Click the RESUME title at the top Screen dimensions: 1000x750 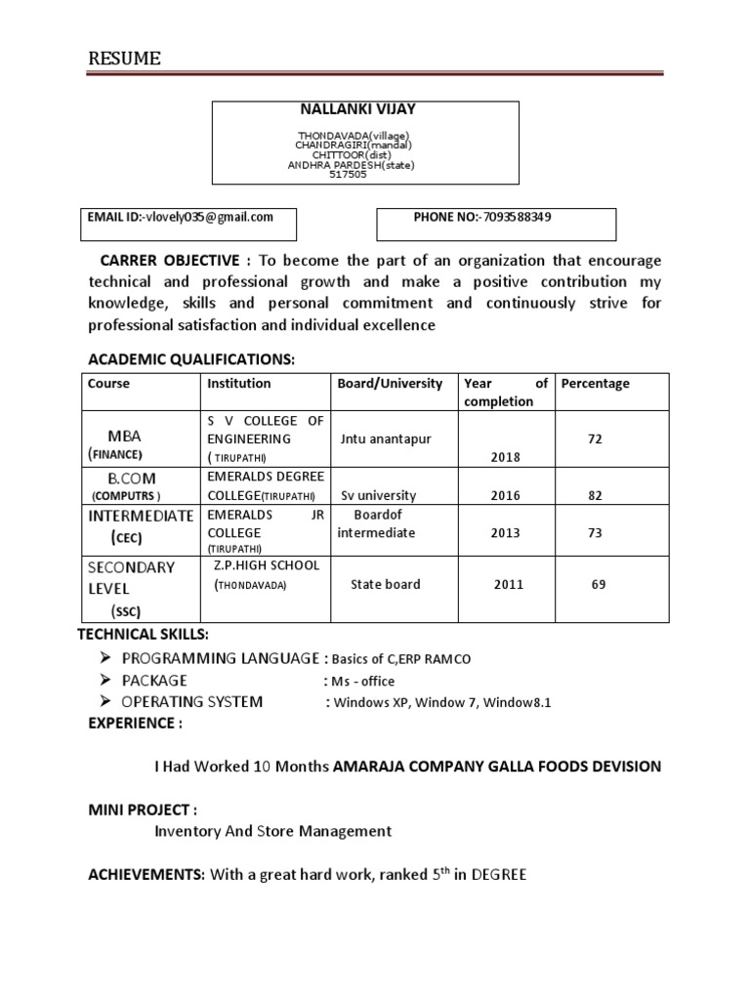(x=125, y=60)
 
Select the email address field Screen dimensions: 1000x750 (x=181, y=218)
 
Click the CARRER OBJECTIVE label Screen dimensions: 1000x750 (x=167, y=261)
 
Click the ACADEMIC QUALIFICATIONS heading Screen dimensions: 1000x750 (x=191, y=360)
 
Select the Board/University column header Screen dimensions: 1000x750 (x=390, y=384)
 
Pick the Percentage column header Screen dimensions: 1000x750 (x=595, y=384)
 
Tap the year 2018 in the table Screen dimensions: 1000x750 (x=506, y=457)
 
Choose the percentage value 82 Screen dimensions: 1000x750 (x=595, y=495)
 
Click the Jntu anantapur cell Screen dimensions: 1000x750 (x=385, y=439)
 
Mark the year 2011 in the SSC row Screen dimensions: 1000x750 (x=508, y=585)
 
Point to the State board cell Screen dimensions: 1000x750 (x=385, y=585)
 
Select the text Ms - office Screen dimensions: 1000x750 (x=361, y=682)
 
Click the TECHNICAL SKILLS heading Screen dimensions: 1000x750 (x=143, y=636)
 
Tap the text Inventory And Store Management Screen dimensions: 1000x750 (x=272, y=831)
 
